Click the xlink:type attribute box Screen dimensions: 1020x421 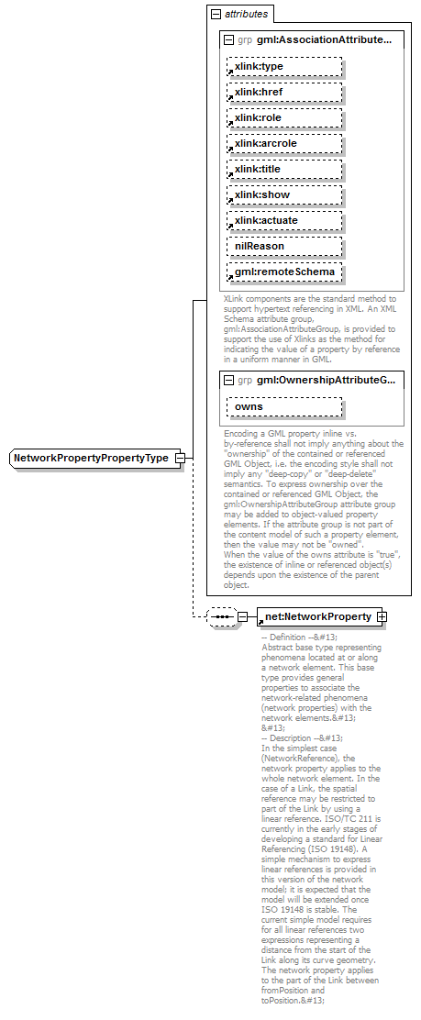tap(284, 66)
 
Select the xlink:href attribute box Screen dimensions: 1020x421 tap(284, 92)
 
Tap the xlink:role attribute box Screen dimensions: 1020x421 tap(284, 117)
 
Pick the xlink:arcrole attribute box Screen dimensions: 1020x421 tap(284, 143)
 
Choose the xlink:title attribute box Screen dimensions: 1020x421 tap(284, 169)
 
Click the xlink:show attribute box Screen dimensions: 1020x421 tap(284, 194)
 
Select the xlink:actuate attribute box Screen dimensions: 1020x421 tap(284, 220)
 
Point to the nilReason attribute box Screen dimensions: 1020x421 tap(284, 246)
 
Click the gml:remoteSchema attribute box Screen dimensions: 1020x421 tap(284, 272)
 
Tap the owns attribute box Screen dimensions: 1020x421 tap(284, 406)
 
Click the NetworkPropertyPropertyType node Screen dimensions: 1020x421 tap(92, 458)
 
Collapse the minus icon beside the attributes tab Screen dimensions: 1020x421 tap(216, 15)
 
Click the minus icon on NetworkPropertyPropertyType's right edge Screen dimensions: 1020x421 tap(181, 458)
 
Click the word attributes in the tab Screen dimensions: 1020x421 tap(246, 15)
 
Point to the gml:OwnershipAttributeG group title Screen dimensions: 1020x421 tap(327, 380)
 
